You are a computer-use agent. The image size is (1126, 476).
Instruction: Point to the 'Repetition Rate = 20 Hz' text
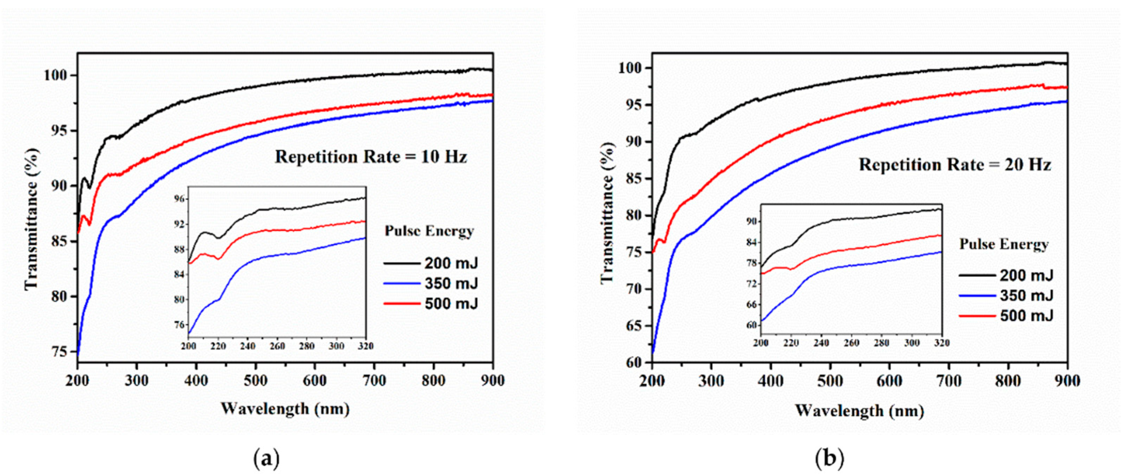coord(955,165)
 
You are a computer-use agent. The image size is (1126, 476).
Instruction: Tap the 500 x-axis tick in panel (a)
coord(255,381)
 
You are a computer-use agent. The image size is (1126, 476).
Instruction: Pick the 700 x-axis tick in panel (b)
coord(949,381)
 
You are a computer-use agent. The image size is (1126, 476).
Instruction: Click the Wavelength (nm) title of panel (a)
coord(285,409)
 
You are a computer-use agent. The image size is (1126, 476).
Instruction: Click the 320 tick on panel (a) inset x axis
coord(365,346)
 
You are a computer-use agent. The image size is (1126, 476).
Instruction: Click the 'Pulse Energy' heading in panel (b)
coord(1004,244)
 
